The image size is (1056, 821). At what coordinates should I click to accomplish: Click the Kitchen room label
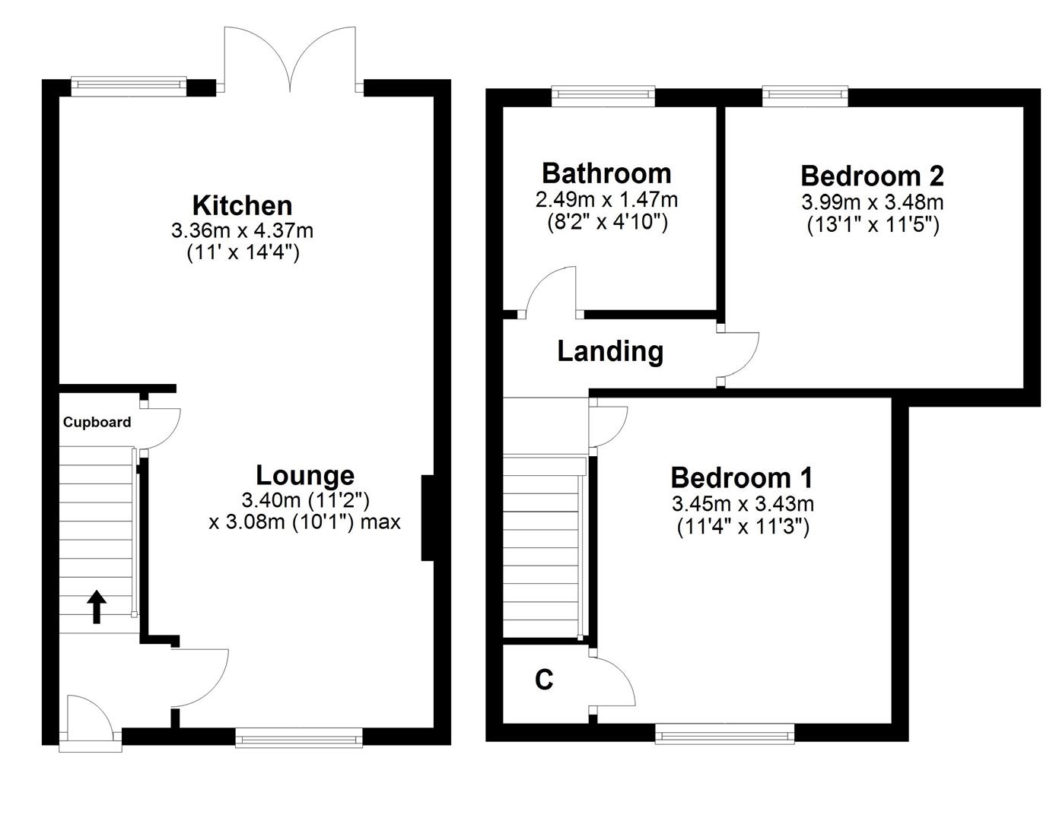click(x=242, y=205)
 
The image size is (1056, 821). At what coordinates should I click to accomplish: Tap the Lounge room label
click(x=304, y=475)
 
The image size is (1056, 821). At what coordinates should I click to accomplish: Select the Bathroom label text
click(x=606, y=173)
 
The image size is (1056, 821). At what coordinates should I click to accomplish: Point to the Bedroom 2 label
click(x=872, y=176)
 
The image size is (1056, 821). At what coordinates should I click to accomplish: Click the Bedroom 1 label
click(x=742, y=477)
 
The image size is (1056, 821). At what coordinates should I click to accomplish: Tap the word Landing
click(x=610, y=351)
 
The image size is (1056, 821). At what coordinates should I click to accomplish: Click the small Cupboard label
click(x=97, y=423)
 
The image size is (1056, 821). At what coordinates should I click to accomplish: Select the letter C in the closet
click(x=543, y=680)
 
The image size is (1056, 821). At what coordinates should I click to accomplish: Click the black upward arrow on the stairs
click(x=97, y=607)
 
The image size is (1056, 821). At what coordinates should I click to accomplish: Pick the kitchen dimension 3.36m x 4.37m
click(x=243, y=230)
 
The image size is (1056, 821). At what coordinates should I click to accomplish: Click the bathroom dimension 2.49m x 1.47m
click(x=606, y=200)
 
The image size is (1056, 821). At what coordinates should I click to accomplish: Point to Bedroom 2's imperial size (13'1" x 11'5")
click(x=872, y=226)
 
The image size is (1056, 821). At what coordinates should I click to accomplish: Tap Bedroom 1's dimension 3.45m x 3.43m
click(x=743, y=503)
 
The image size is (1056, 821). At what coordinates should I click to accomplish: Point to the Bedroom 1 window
click(x=724, y=734)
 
